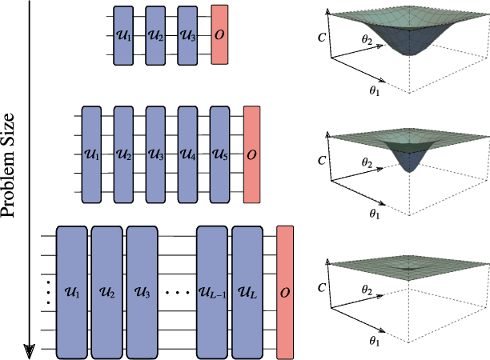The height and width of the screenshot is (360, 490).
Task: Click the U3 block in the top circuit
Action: click(187, 35)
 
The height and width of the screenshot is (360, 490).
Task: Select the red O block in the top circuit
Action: click(220, 35)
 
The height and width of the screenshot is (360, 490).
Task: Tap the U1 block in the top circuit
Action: click(123, 35)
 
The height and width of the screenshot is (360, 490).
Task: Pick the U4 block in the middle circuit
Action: click(187, 153)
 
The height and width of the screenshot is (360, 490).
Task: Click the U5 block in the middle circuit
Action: click(220, 153)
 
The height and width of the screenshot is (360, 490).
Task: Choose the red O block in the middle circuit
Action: click(252, 153)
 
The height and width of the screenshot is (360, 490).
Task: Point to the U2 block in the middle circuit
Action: click(123, 153)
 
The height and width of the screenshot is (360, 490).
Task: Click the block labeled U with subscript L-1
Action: click(212, 292)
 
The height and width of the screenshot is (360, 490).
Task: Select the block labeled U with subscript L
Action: click(247, 292)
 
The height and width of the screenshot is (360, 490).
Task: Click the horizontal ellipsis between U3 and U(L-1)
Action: click(178, 293)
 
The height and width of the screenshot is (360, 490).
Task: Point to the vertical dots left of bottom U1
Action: click(48, 293)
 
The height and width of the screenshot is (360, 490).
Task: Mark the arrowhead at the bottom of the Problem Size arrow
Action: click(30, 349)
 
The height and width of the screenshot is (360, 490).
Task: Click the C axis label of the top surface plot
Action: click(320, 36)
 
